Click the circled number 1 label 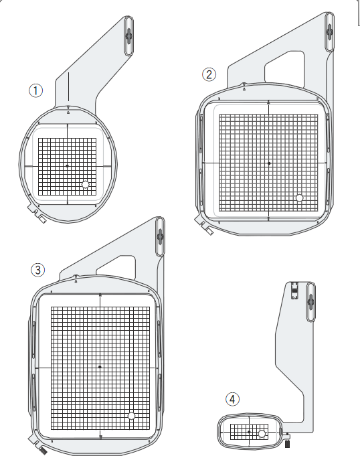click(x=35, y=90)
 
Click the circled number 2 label click(x=209, y=74)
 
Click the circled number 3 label click(x=38, y=270)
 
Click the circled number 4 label click(x=233, y=400)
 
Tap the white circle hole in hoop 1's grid click(x=86, y=184)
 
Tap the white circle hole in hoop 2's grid click(x=299, y=198)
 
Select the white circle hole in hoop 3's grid click(x=131, y=416)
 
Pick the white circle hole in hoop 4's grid click(x=262, y=434)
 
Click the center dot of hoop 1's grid click(x=67, y=166)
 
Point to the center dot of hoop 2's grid click(x=269, y=163)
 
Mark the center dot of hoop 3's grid click(x=100, y=367)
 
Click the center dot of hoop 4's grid click(x=249, y=432)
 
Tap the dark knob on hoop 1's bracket click(x=129, y=35)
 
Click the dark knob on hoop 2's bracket click(x=330, y=31)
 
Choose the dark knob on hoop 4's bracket click(x=311, y=301)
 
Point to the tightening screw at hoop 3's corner click(x=43, y=451)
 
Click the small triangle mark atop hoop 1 click(x=68, y=112)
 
